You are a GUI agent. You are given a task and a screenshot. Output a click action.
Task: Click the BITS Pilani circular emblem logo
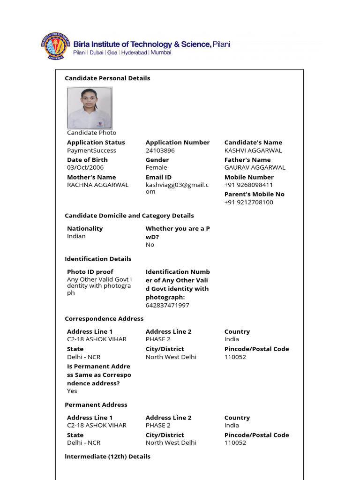(55, 46)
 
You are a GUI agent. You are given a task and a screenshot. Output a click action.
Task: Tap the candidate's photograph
(90, 108)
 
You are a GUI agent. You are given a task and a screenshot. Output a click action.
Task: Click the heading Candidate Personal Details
(107, 78)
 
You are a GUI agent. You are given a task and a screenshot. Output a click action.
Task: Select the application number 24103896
(160, 150)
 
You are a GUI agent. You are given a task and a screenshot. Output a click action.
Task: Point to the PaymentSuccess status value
(91, 150)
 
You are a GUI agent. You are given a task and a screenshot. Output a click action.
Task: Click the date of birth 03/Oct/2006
(85, 167)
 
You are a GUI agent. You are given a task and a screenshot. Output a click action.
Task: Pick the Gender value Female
(156, 167)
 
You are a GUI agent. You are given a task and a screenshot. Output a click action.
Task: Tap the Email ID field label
(158, 177)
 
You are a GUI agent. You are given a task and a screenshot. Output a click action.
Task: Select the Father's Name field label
(247, 160)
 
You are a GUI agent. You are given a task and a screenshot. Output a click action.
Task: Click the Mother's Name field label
(91, 177)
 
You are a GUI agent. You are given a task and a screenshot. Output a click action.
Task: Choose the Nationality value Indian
(76, 236)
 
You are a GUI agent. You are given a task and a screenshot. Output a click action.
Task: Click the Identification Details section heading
(98, 259)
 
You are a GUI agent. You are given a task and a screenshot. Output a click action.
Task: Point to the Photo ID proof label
(90, 272)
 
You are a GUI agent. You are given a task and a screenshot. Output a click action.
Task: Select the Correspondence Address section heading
(104, 319)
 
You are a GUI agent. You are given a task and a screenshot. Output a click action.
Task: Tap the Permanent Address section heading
(96, 405)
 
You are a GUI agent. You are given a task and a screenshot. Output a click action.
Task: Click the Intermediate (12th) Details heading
(107, 456)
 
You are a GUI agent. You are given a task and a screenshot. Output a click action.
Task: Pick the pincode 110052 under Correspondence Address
(235, 357)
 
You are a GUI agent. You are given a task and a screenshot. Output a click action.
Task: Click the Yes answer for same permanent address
(72, 391)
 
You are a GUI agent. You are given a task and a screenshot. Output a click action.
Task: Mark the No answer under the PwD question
(150, 245)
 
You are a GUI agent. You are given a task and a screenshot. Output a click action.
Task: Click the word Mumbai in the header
(161, 53)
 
